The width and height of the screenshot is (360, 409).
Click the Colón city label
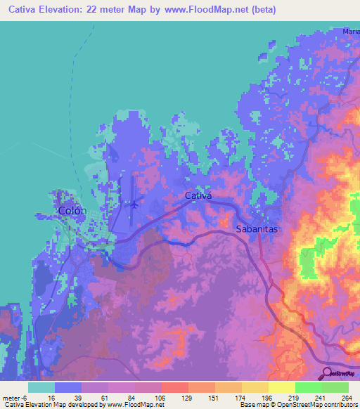pos(72,211)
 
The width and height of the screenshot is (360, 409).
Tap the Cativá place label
pos(198,196)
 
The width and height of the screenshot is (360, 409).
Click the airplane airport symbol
pos(134,205)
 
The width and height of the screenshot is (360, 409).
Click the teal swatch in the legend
pos(41,387)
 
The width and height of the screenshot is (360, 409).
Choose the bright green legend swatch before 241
pos(308,387)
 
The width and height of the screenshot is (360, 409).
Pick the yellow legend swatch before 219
pos(281,387)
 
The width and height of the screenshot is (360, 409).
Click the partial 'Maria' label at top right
pos(351,32)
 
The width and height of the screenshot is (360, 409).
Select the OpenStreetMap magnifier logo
pos(328,372)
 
